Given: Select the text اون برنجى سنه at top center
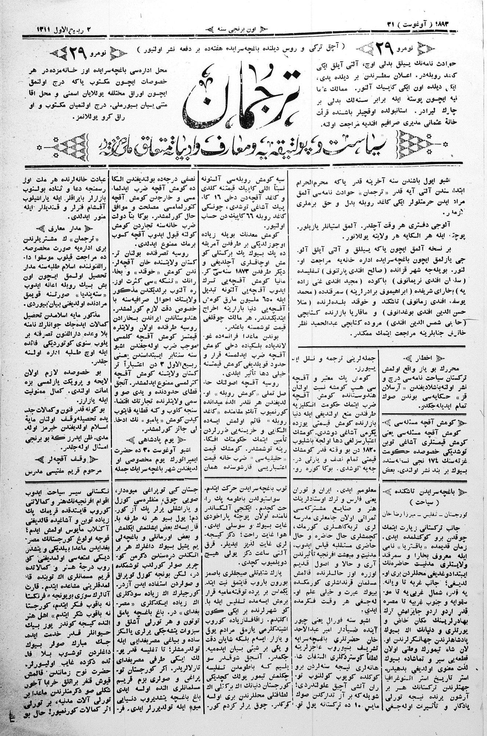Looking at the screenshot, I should pos(244,28).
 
